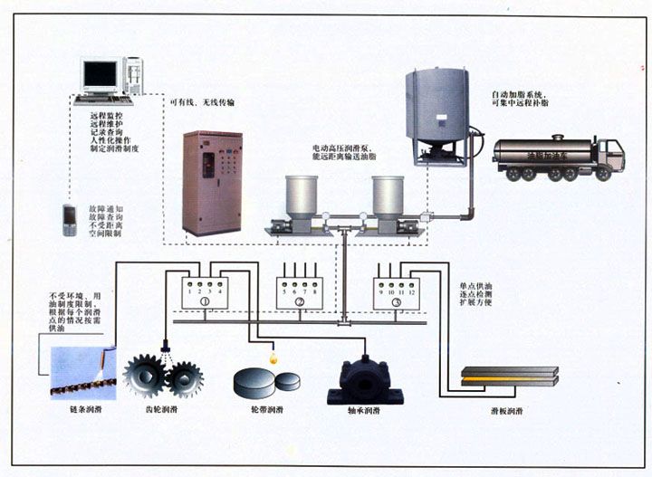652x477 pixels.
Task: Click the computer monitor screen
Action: (99, 73)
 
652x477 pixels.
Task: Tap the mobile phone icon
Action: (69, 221)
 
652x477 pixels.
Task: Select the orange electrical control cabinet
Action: (212, 183)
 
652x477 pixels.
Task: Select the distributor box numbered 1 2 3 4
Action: (204, 292)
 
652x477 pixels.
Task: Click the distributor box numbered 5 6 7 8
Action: (300, 292)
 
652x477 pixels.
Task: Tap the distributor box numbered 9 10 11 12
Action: (397, 292)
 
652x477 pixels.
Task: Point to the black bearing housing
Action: (361, 378)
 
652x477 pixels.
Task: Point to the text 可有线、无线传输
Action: (203, 102)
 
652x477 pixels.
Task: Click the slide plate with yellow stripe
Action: (509, 376)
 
